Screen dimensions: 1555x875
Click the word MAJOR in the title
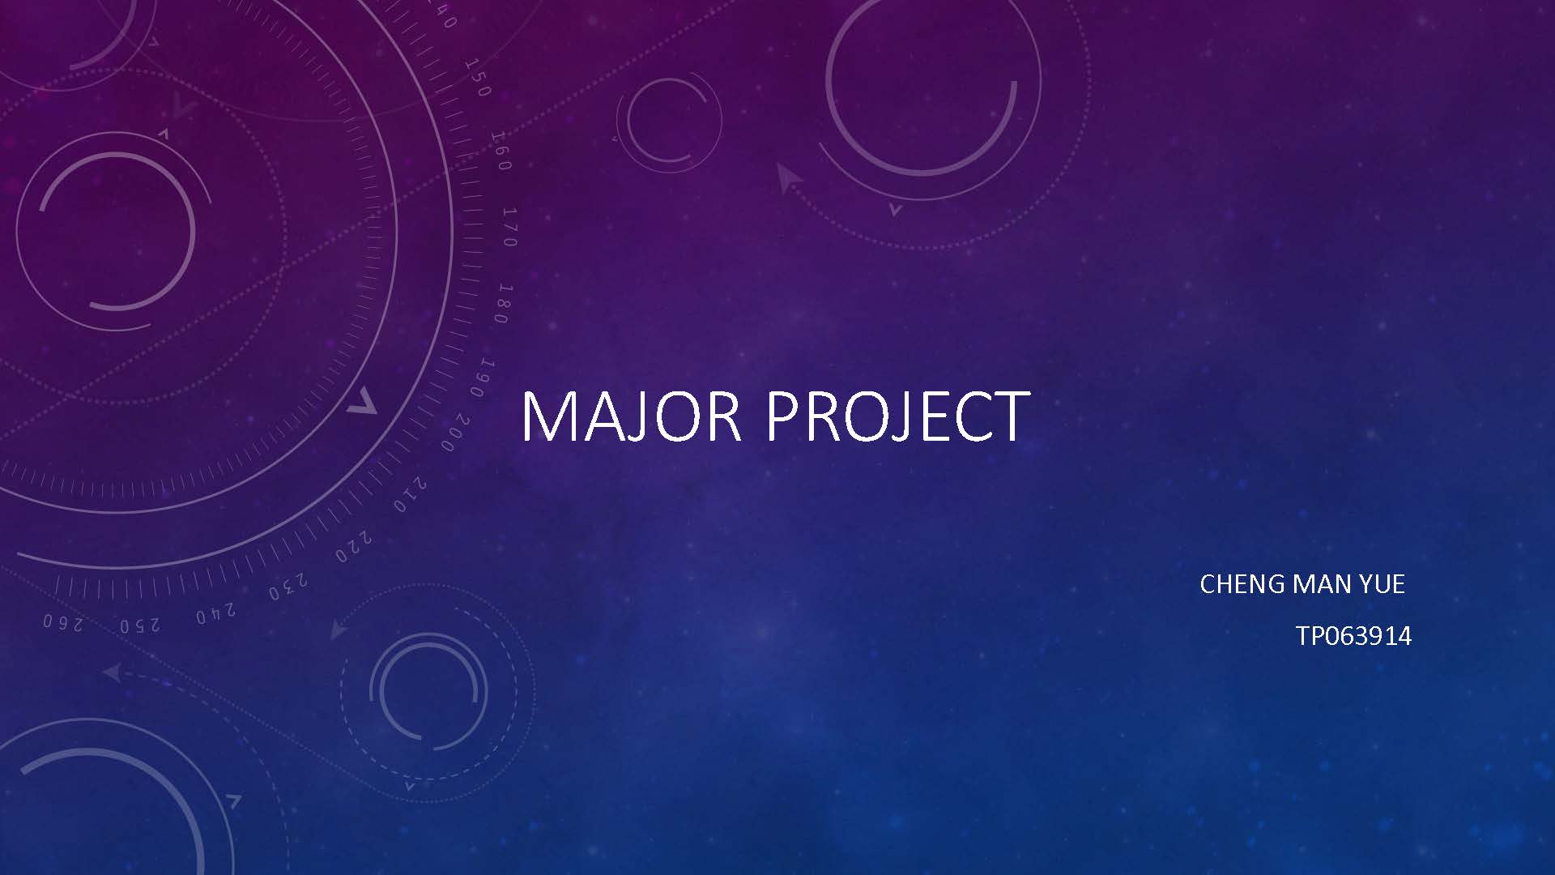[x=631, y=416]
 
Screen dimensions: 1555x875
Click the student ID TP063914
[x=1353, y=636]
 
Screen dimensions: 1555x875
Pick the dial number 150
[x=478, y=78]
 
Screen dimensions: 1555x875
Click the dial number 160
[x=501, y=151]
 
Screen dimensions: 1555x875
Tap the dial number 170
[x=509, y=227]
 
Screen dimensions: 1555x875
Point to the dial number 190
[x=483, y=378]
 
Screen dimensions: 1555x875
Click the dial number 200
[x=455, y=433]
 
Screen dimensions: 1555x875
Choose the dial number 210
[x=410, y=494]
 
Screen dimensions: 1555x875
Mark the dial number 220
[x=354, y=547]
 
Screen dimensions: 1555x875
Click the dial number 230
[x=288, y=587]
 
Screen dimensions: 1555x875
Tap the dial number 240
[x=215, y=613]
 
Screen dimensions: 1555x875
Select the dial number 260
[x=62, y=622]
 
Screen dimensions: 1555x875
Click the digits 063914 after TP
[x=1368, y=636]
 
